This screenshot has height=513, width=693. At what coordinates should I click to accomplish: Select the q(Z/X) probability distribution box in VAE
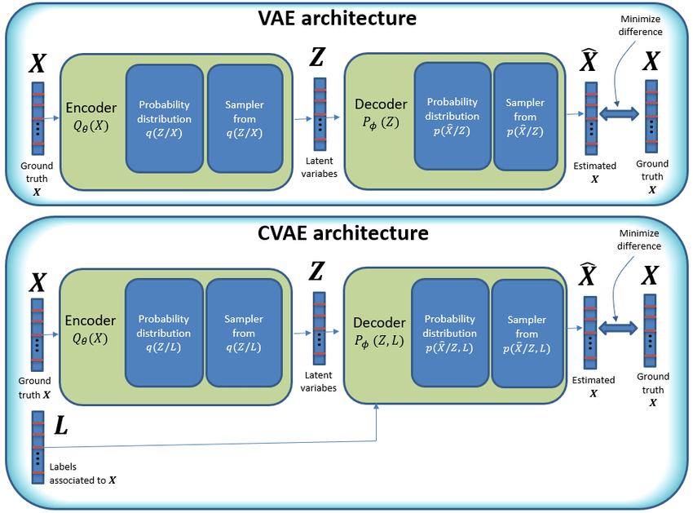coord(164,118)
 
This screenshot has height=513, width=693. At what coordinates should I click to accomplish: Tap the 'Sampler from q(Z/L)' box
coord(244,333)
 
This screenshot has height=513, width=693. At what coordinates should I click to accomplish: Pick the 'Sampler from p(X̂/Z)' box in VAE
coord(525,117)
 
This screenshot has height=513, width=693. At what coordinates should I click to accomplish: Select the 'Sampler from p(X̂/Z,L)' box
coord(527,334)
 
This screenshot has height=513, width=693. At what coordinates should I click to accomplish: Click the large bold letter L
coord(60,426)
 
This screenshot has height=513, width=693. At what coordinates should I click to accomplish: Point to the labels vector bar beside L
coord(38,447)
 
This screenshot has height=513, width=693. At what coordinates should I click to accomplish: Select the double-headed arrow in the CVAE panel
coord(620,327)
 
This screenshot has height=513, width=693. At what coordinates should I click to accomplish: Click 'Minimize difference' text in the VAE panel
coord(640,25)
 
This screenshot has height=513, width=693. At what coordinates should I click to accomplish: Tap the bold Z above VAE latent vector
coord(320,58)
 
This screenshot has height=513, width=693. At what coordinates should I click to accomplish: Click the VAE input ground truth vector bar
coord(38,116)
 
